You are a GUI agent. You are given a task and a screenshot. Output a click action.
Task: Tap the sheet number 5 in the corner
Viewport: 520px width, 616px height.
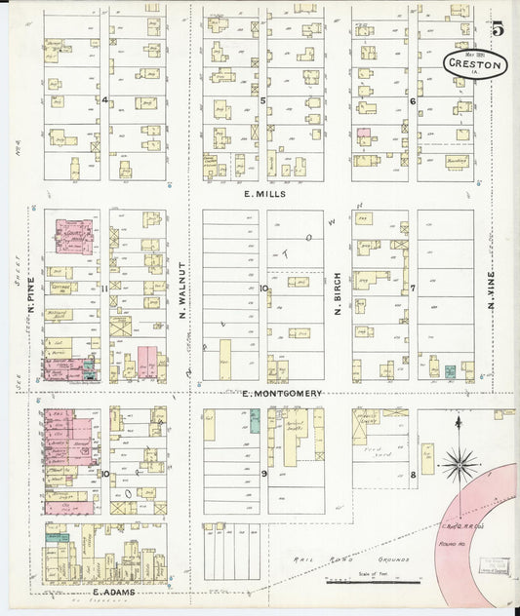click(x=499, y=29)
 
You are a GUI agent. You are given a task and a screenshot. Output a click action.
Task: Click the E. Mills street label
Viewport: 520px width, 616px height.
click(x=261, y=194)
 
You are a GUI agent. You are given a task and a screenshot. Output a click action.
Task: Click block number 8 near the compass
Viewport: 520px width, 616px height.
click(x=414, y=474)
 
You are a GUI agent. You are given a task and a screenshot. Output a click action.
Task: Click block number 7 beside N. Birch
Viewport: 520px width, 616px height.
click(x=413, y=289)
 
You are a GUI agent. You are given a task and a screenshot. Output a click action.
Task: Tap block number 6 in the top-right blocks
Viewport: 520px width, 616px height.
click(x=413, y=100)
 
